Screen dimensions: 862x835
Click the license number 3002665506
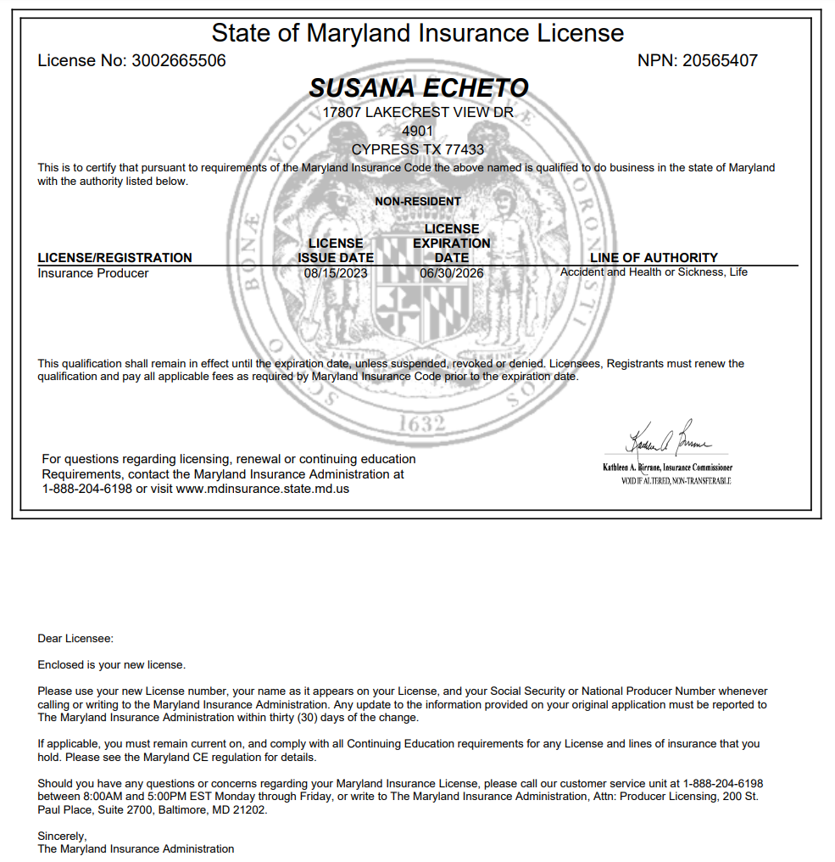pos(179,61)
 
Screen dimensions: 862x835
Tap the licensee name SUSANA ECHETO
pos(418,88)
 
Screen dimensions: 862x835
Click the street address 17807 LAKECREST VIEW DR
pos(418,112)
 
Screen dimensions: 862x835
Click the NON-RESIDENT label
pos(418,202)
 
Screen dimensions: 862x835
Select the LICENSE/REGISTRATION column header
pos(115,258)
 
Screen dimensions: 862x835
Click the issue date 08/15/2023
pos(335,273)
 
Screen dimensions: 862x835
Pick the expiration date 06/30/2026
pos(451,273)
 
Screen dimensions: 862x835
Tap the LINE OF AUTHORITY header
pos(654,258)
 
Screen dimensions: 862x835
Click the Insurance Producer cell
pos(93,273)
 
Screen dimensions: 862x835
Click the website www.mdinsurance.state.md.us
pos(263,489)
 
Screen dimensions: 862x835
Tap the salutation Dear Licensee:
pos(75,638)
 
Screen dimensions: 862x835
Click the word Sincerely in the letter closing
pos(62,836)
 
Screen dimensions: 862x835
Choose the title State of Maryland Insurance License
pos(418,33)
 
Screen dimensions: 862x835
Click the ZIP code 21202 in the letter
pos(250,810)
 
